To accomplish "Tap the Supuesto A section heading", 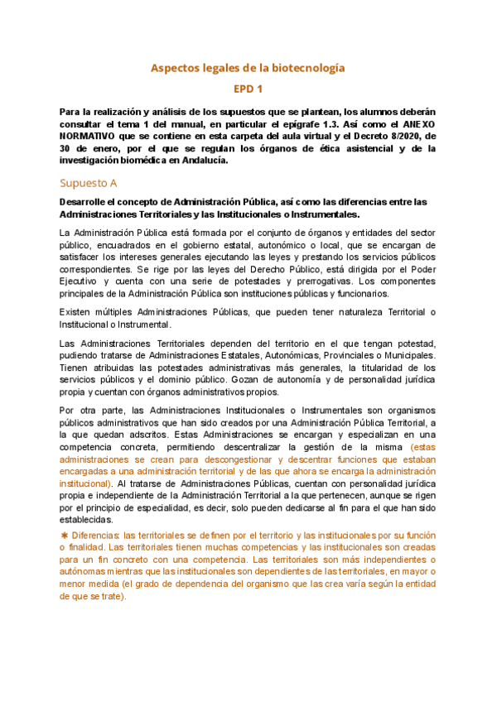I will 89,182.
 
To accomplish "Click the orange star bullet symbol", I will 65,536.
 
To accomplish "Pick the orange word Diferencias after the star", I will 97,536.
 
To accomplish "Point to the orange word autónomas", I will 87,571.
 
